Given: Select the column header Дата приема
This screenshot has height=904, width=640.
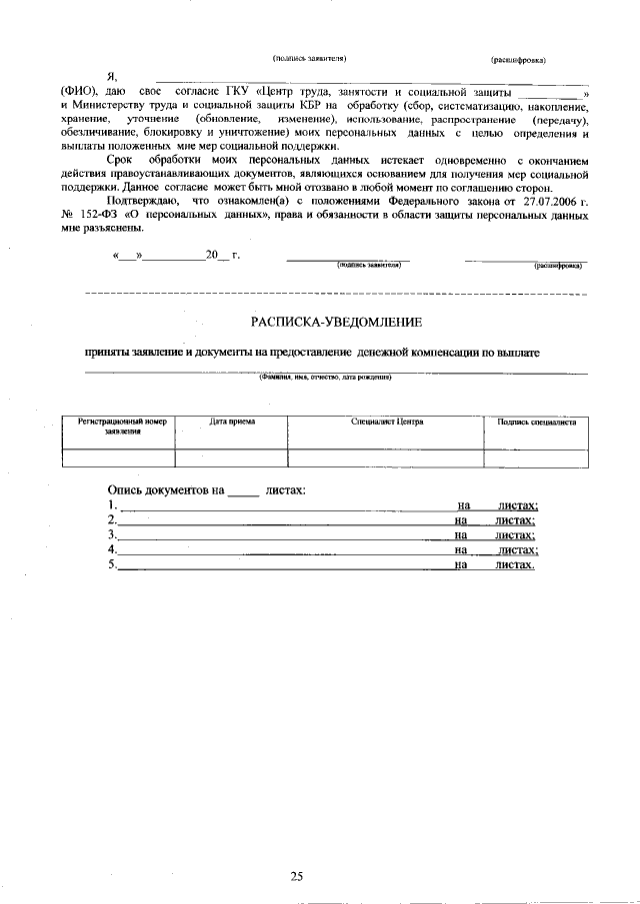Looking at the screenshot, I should click(232, 422).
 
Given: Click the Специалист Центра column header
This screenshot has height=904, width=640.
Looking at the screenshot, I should click(387, 422).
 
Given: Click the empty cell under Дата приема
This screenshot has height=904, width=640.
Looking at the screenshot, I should click(232, 457).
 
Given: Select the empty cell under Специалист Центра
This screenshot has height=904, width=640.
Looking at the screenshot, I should click(387, 457).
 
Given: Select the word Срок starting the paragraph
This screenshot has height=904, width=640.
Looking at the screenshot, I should click(121, 160).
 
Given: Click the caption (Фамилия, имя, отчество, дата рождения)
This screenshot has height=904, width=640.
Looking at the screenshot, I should click(324, 378).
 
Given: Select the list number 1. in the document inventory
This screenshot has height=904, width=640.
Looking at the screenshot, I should click(112, 506).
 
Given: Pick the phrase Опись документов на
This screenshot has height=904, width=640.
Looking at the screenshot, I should click(165, 490).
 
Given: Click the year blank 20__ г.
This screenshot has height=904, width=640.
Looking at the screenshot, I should click(221, 255).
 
